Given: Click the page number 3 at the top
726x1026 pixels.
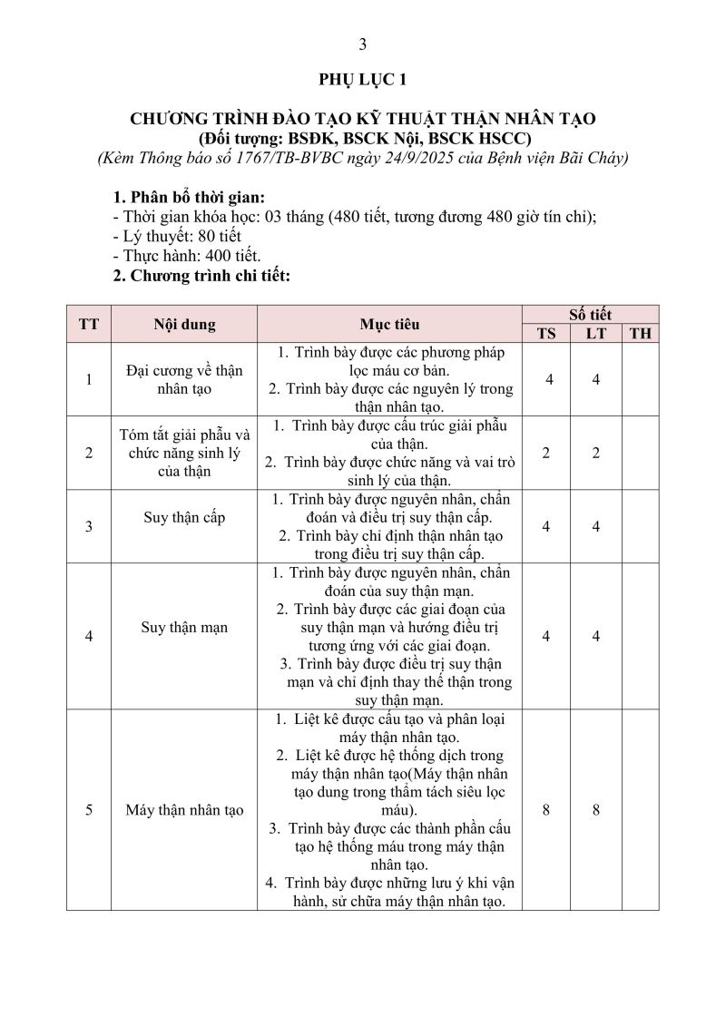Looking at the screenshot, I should tap(363, 44).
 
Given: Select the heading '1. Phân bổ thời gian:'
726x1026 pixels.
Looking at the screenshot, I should tap(190, 198).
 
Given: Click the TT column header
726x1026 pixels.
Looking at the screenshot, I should tap(89, 324).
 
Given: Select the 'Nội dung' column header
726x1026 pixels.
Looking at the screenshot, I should tap(184, 324).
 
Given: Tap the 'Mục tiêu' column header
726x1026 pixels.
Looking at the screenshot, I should tap(389, 324).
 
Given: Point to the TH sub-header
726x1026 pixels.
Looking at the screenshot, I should tap(641, 333).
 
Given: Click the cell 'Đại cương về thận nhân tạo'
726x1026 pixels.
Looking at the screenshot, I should tap(184, 379).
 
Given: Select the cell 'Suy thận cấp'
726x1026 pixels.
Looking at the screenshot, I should tap(184, 518).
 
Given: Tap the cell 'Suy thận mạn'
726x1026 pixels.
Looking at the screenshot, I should tap(184, 628).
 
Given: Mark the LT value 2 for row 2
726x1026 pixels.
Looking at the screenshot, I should tap(596, 453).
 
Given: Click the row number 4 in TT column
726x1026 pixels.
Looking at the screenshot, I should tap(89, 636).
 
